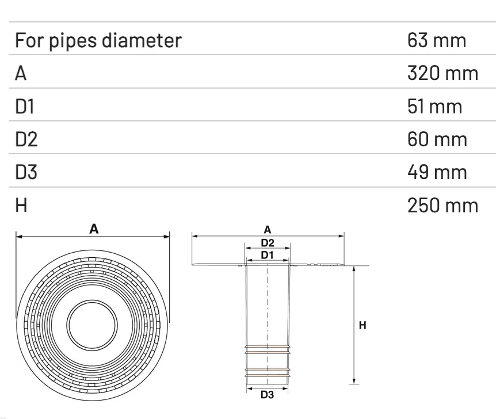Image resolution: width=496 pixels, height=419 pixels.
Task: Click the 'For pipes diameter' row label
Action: tap(97, 41)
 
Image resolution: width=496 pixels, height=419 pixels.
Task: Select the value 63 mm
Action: tap(436, 41)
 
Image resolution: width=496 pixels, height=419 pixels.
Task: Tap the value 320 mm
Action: tap(442, 74)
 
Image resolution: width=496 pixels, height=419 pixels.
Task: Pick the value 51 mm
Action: tap(434, 106)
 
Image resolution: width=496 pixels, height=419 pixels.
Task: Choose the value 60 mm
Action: tap(436, 139)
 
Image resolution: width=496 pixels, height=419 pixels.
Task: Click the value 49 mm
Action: tap(436, 172)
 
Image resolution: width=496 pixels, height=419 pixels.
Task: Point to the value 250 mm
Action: tap(442, 205)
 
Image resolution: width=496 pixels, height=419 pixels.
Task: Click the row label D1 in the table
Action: tap(25, 106)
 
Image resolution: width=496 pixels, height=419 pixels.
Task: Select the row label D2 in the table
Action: tap(26, 139)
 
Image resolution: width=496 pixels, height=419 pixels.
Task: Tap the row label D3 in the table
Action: tap(26, 172)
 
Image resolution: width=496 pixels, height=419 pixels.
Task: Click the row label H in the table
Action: tap(21, 205)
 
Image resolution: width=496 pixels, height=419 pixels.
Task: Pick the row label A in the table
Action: tap(21, 74)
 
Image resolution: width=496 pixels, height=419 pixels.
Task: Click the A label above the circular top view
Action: tap(94, 229)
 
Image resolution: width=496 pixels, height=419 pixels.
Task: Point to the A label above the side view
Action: tap(268, 230)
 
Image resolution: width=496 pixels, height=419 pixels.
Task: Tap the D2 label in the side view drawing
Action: tap(268, 242)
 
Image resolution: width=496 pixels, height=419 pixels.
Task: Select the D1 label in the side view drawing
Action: tap(268, 254)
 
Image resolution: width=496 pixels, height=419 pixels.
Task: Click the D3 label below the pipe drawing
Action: tap(268, 395)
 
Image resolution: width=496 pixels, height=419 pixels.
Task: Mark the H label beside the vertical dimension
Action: tap(363, 326)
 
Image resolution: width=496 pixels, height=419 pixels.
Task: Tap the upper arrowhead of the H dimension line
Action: tap(354, 269)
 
